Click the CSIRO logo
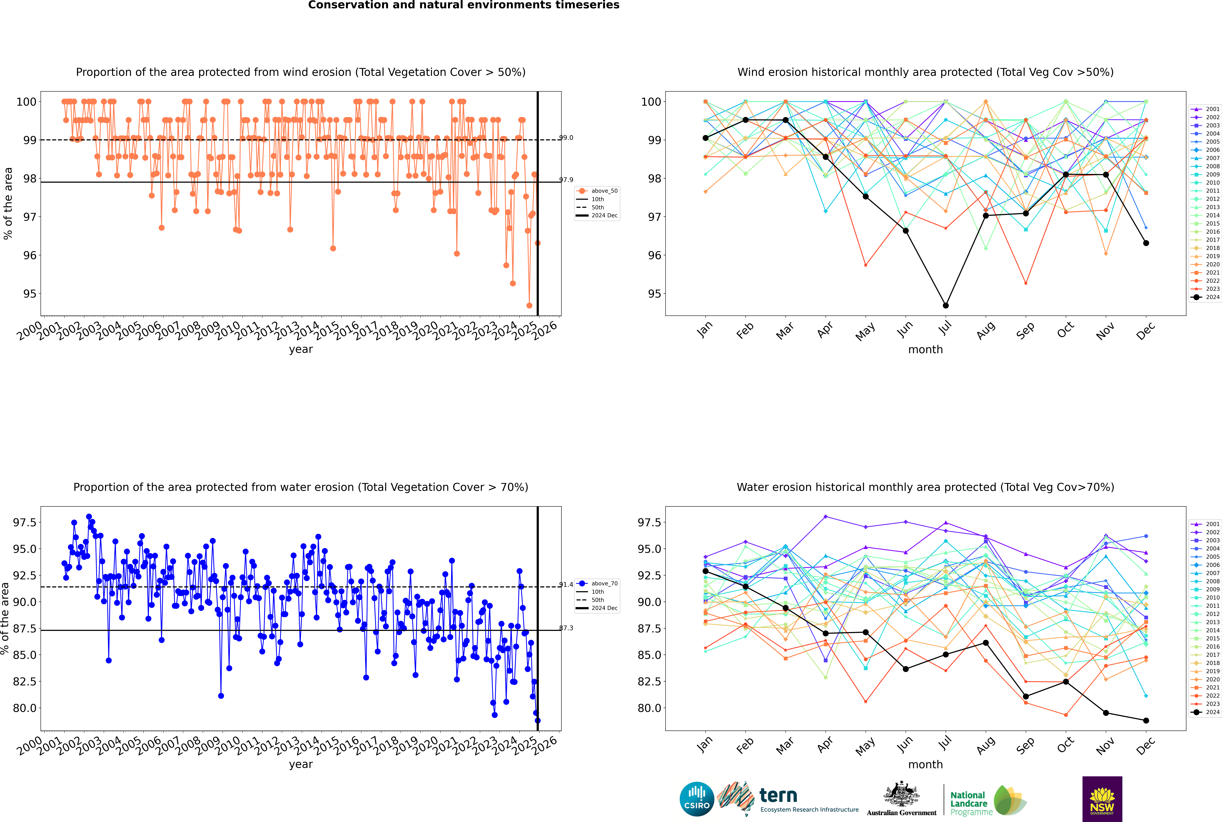pos(697,799)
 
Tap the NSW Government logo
pos(1102,799)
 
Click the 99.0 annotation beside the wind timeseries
pos(566,138)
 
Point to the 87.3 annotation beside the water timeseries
pos(566,628)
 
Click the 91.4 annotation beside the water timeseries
pos(566,585)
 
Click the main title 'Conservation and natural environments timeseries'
pos(464,5)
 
